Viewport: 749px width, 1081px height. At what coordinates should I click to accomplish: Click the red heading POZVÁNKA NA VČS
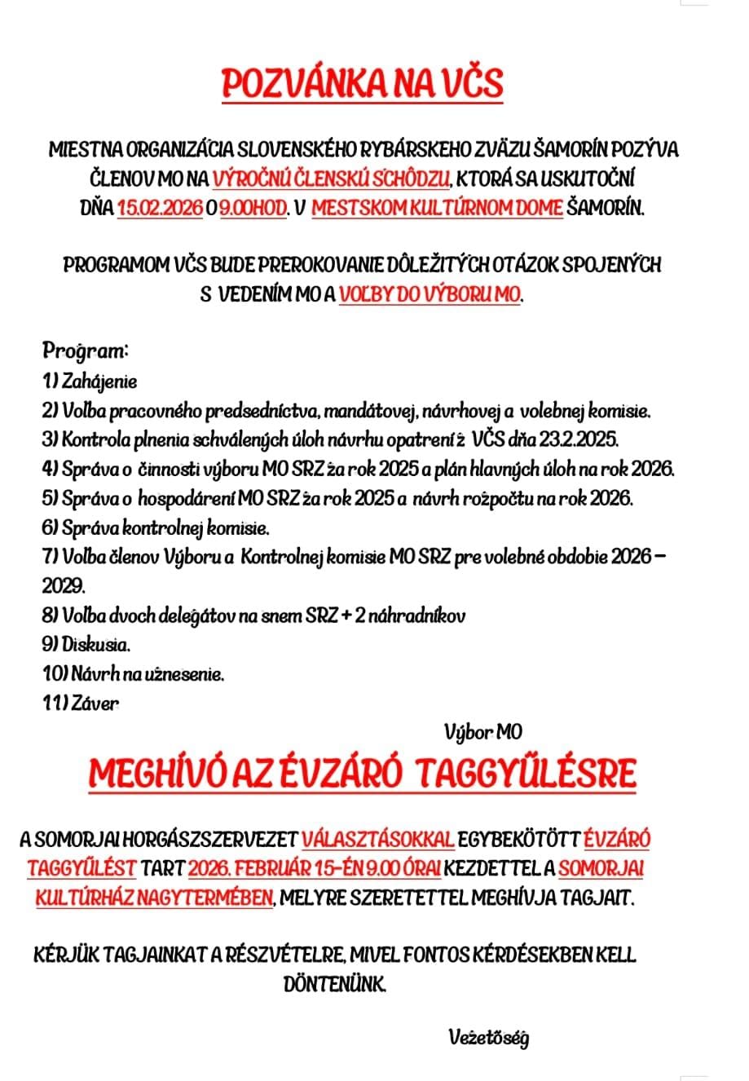363,84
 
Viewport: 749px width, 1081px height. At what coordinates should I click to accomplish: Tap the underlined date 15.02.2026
160,208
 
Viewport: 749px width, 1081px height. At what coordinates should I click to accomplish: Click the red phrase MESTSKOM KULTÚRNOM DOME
437,208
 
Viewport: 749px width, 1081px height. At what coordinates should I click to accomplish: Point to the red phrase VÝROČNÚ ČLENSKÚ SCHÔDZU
332,179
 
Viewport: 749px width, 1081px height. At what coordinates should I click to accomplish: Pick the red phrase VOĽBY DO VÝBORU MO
430,294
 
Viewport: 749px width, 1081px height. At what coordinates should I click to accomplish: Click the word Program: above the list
86,351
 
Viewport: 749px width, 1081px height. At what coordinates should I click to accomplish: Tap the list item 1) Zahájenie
90,382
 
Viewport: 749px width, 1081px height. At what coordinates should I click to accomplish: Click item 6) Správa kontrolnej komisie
155,528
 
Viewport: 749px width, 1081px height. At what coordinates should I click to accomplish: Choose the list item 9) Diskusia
86,645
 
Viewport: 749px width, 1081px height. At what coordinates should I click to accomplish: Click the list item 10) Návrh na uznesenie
133,674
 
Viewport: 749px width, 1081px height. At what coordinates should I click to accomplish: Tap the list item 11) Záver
80,704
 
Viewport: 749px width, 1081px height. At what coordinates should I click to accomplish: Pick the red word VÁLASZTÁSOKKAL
377,839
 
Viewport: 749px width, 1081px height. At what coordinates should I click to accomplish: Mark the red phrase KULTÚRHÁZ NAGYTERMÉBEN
154,898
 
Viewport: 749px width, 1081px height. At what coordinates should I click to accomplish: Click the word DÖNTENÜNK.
334,985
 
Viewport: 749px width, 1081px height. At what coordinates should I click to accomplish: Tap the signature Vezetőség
488,1039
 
